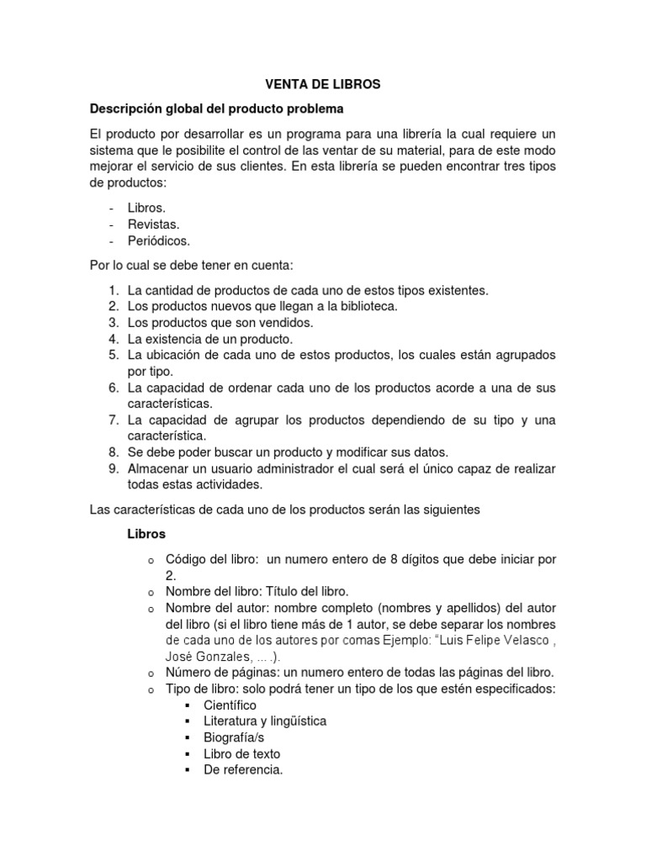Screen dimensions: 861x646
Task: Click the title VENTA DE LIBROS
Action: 323,85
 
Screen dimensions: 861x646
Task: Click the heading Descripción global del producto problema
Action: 217,109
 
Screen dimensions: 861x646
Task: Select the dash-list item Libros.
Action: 146,207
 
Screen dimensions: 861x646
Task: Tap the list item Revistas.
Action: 153,224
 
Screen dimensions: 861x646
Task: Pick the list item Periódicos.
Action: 159,240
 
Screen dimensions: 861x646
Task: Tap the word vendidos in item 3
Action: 284,323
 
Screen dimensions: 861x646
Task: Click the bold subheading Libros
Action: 146,534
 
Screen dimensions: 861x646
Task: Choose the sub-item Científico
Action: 230,705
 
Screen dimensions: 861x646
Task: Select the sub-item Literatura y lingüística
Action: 265,721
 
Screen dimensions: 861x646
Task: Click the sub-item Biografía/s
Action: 236,737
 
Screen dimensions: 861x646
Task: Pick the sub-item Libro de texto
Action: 241,753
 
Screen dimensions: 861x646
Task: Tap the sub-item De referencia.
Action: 243,769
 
